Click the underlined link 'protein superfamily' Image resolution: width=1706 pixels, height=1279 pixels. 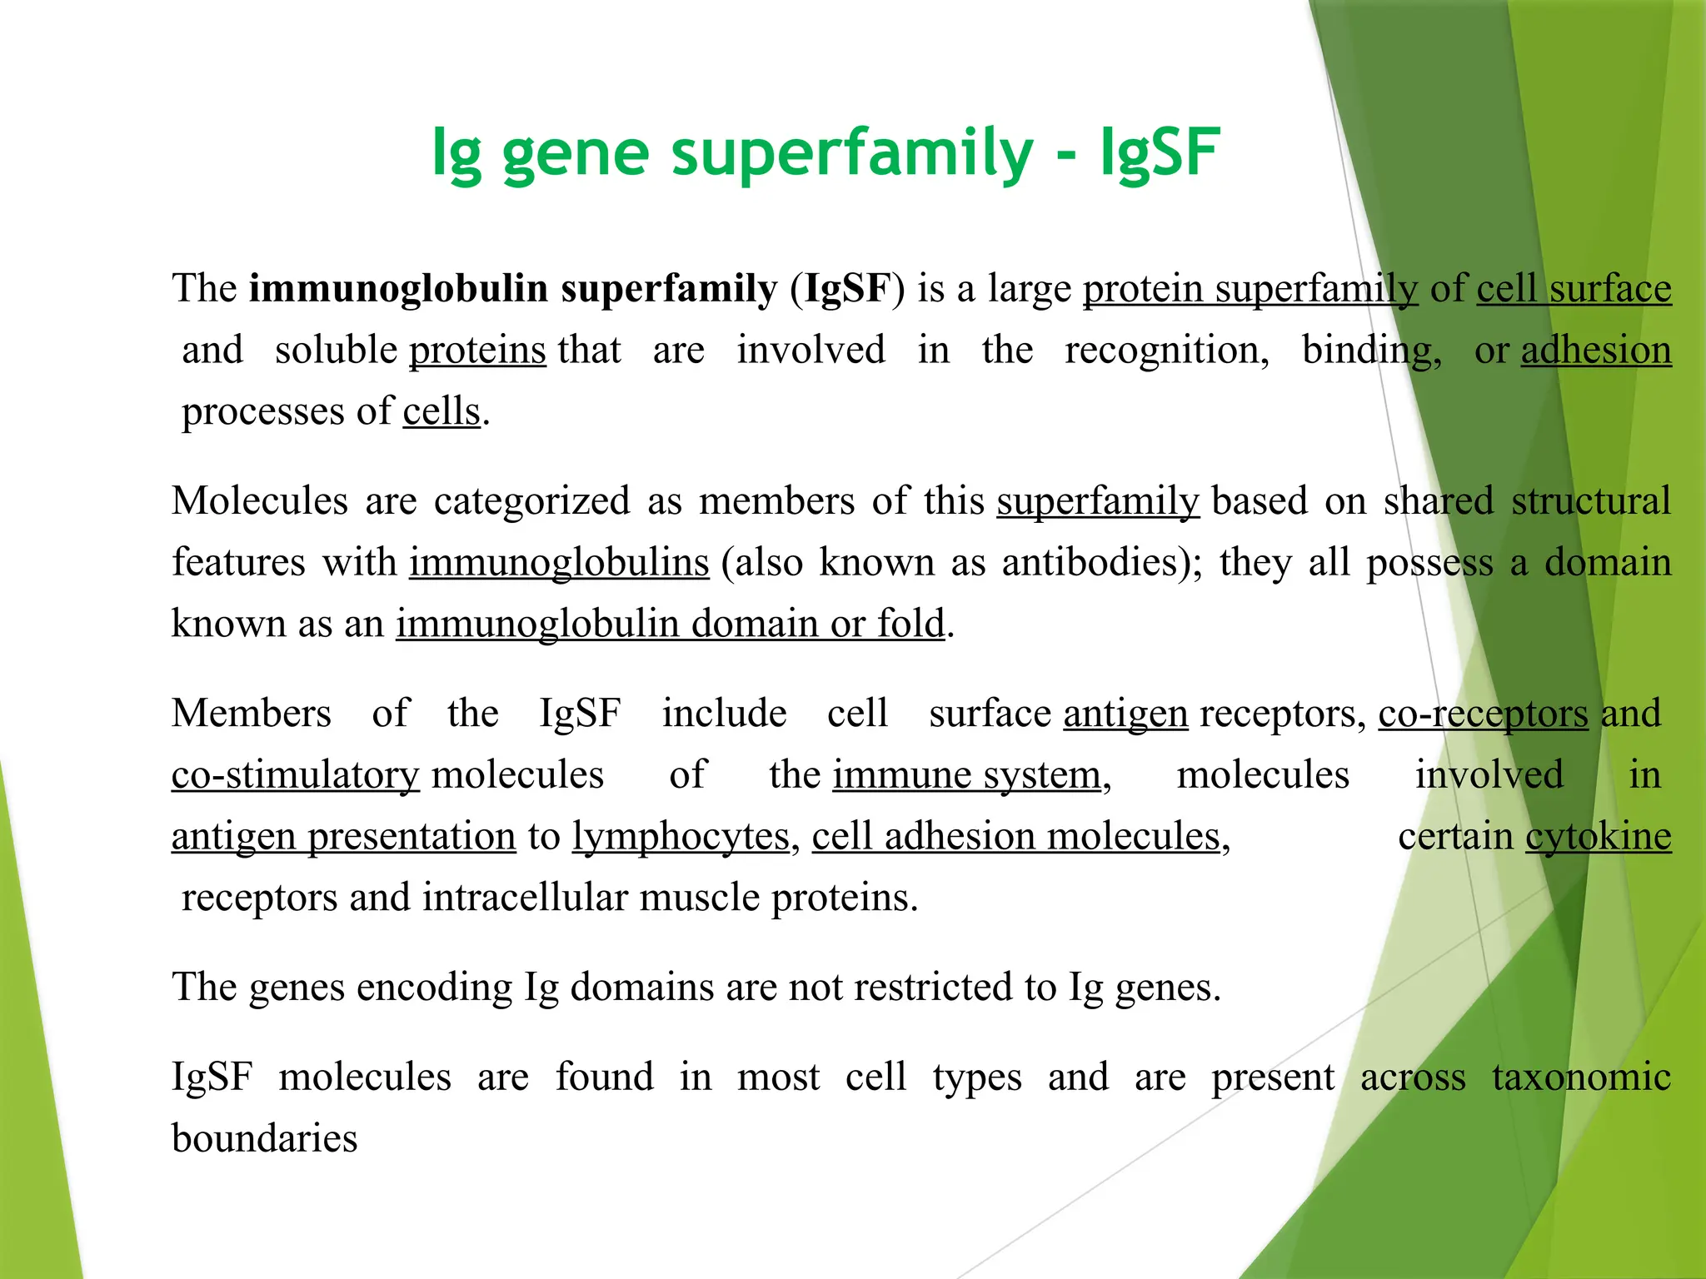(1250, 289)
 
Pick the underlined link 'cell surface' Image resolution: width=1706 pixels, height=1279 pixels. (1574, 289)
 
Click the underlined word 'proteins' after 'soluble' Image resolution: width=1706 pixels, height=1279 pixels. (477, 351)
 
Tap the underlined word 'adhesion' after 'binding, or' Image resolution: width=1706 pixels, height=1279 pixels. (1596, 351)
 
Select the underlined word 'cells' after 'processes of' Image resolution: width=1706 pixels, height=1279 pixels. (441, 412)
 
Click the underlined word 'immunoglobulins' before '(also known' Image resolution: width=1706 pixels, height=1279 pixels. (559, 563)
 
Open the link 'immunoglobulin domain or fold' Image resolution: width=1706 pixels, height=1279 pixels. (671, 624)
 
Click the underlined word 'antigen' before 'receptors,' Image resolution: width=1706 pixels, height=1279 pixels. (1125, 714)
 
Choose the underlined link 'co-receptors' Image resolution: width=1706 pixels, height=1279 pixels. (1483, 714)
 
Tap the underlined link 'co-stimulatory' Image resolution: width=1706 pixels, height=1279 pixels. (295, 775)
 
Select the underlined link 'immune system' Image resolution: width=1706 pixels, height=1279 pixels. (966, 775)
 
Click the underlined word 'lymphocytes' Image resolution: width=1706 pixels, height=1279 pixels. (681, 837)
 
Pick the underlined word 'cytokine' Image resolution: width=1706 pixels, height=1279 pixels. (1598, 837)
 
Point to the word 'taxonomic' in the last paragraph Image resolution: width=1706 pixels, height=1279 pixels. (1581, 1077)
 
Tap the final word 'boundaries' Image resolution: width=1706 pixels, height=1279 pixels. (265, 1139)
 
